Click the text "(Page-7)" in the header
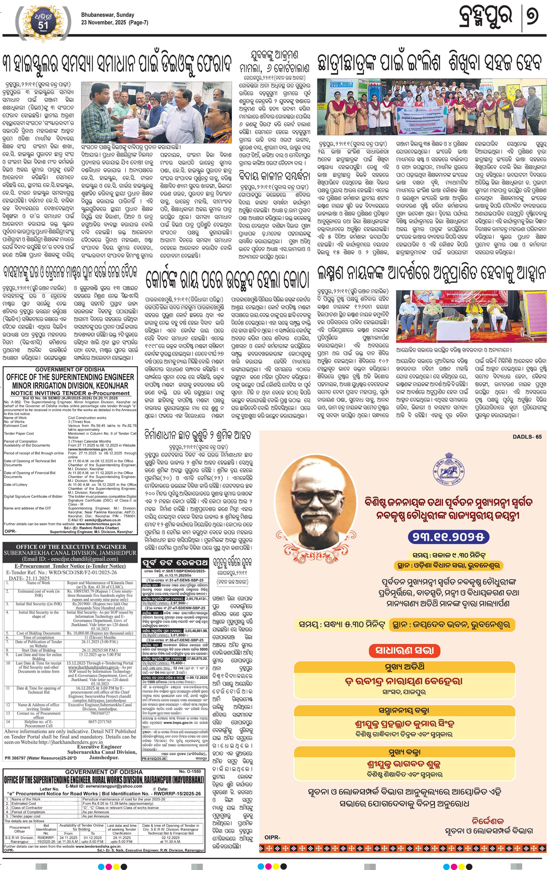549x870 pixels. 138,22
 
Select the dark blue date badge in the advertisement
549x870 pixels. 448,537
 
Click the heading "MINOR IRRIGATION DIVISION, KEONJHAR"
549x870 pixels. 70,385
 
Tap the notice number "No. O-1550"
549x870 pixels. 190,771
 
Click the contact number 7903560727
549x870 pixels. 100,713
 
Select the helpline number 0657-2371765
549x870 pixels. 100,722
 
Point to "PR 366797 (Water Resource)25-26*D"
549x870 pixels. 41,758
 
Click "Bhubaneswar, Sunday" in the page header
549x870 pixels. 108,15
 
